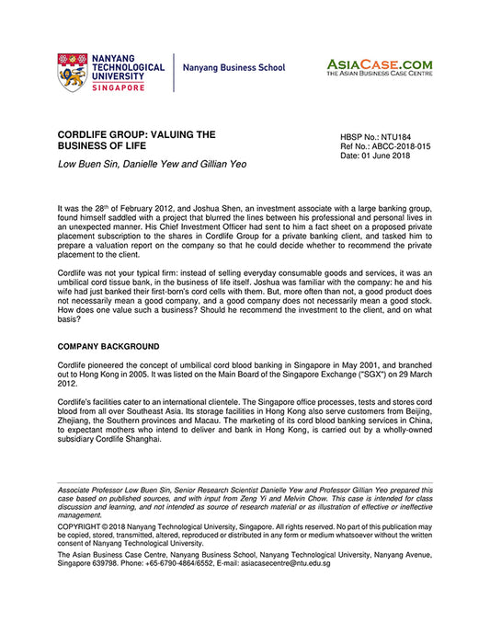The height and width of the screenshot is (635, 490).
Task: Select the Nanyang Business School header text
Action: (x=234, y=68)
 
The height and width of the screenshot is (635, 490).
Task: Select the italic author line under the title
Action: (x=152, y=164)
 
